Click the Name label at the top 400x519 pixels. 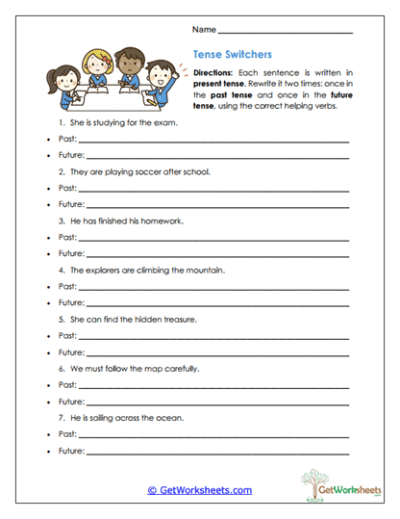(x=204, y=31)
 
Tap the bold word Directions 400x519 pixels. (x=212, y=73)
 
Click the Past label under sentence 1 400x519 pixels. (x=67, y=140)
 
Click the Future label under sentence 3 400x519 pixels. (x=71, y=253)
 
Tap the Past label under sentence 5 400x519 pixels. (x=67, y=335)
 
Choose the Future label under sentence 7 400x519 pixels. (x=71, y=450)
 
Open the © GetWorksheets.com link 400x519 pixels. (x=199, y=490)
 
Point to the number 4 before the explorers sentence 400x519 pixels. (x=62, y=270)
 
